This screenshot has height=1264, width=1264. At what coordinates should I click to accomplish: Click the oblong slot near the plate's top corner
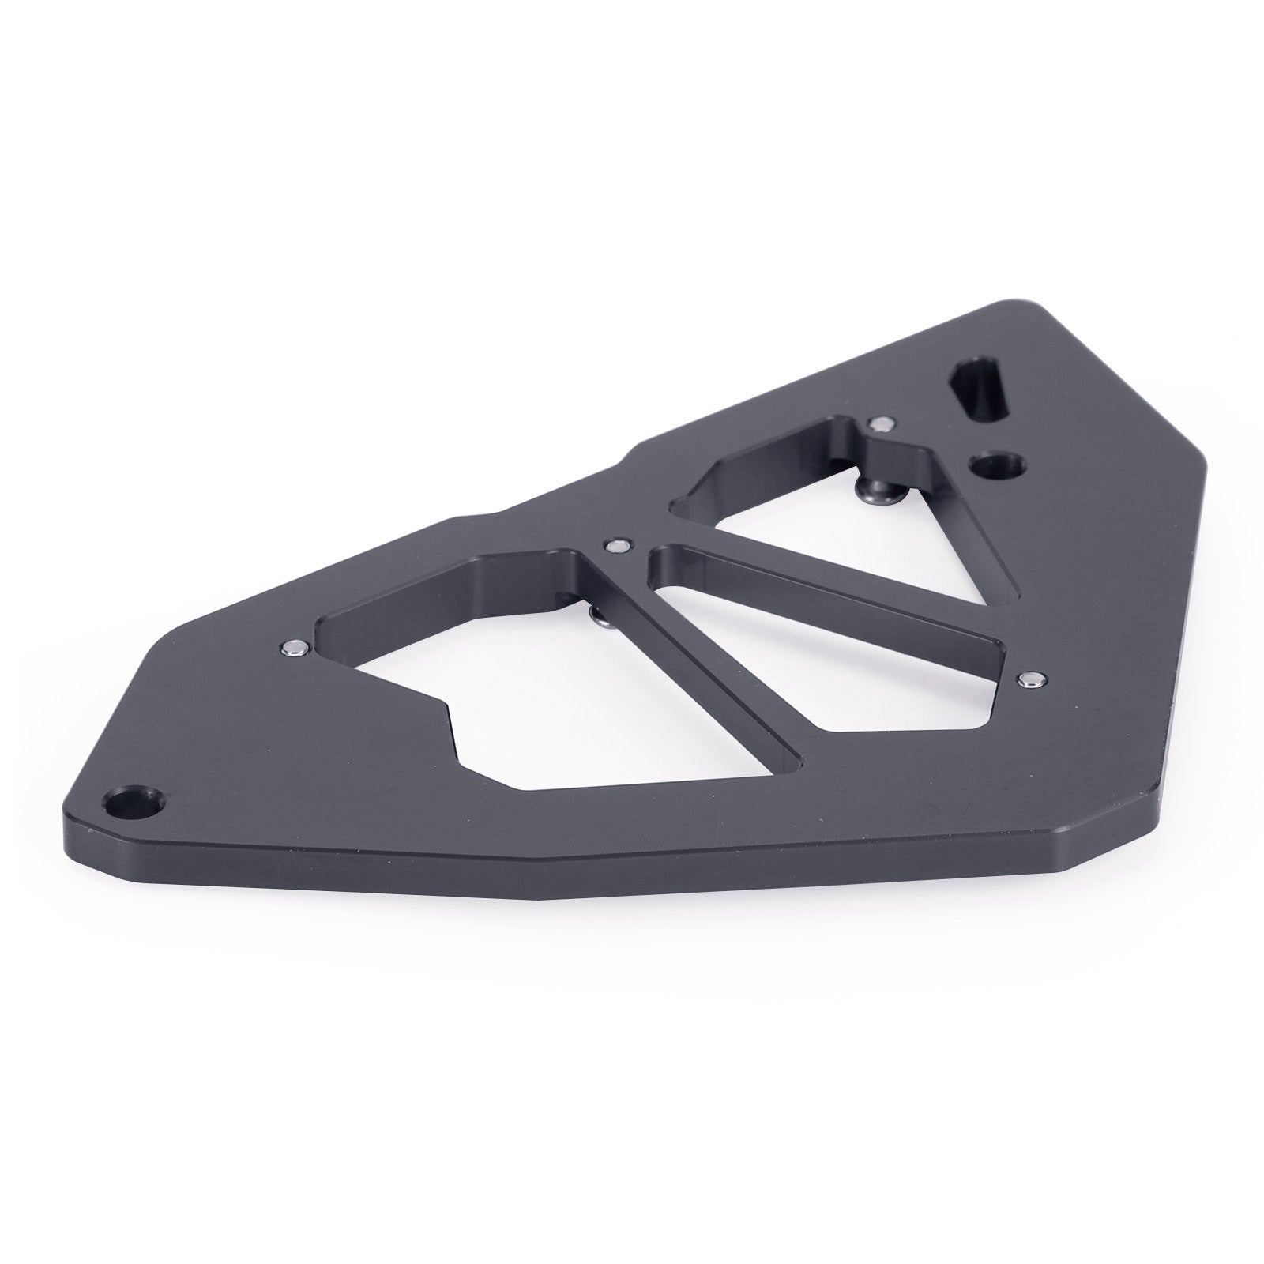tap(982, 387)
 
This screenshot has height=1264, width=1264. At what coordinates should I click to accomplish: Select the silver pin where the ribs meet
tap(615, 544)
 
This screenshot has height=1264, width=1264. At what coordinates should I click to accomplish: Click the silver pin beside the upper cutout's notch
tap(878, 423)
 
